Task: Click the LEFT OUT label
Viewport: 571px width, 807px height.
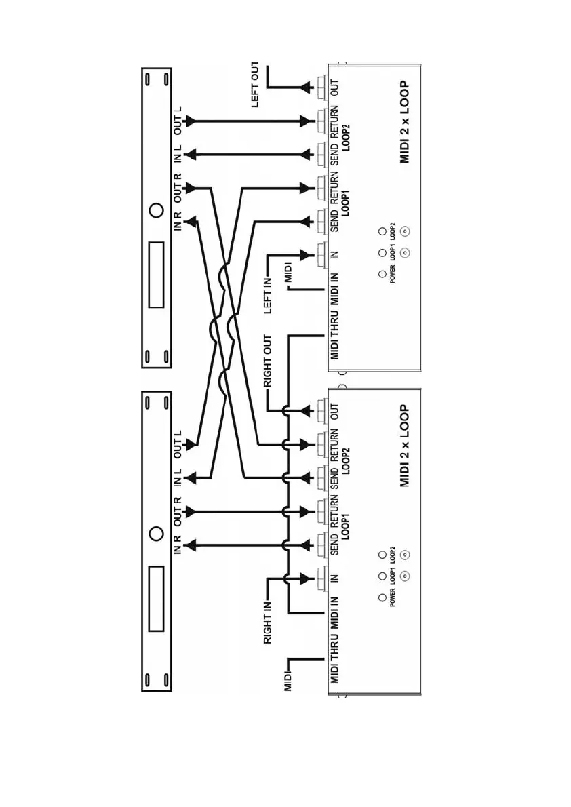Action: point(255,85)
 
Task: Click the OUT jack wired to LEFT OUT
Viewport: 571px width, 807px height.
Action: point(321,87)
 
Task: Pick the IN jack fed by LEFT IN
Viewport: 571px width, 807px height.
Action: point(321,255)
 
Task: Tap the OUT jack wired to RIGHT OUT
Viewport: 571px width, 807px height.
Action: point(321,410)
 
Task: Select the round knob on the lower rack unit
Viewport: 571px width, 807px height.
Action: point(156,533)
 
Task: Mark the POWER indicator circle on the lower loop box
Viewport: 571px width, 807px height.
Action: point(382,599)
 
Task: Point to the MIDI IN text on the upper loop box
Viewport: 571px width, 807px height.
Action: point(335,288)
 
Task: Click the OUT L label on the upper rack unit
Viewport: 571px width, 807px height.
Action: point(178,119)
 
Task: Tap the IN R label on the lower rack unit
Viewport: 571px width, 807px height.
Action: point(178,545)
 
